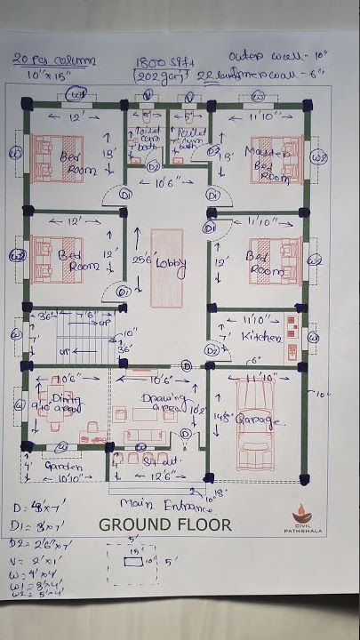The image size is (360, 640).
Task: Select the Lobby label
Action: [x=169, y=263]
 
